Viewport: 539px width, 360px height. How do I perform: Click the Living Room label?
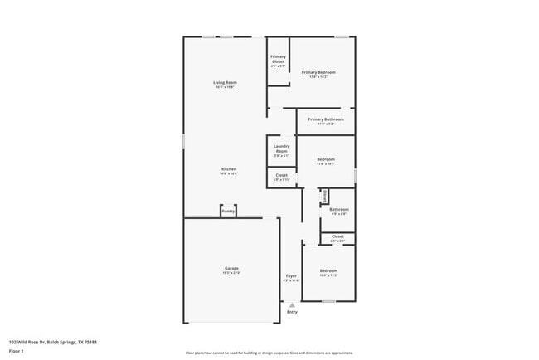225,82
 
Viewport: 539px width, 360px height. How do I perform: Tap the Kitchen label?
229,169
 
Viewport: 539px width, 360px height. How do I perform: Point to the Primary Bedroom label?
318,72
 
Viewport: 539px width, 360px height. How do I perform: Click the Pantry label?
228,212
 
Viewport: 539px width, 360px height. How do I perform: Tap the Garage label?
231,268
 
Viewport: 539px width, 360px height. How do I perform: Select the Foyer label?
291,275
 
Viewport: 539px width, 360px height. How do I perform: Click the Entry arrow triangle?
292,304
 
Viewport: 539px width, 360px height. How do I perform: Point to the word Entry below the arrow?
292,312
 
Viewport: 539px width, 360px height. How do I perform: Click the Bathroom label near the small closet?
338,210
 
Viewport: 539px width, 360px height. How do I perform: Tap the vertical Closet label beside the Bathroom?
325,196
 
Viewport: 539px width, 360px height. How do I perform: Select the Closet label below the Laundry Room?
281,176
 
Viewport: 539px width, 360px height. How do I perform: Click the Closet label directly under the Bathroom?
337,236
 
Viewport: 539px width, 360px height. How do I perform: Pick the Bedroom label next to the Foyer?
329,270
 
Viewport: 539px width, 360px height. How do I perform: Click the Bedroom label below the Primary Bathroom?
326,159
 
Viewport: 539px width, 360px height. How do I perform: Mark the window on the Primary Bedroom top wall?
341,36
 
